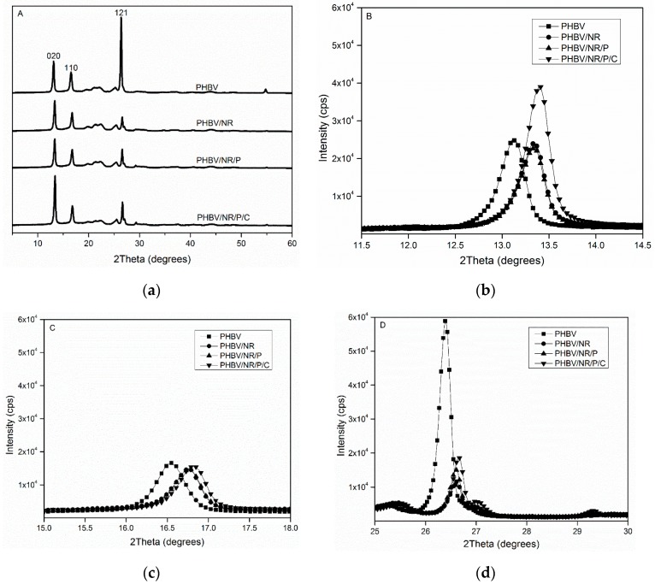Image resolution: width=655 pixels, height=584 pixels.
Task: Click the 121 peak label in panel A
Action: (x=121, y=11)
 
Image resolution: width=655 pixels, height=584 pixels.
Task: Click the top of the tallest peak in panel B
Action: (x=540, y=86)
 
